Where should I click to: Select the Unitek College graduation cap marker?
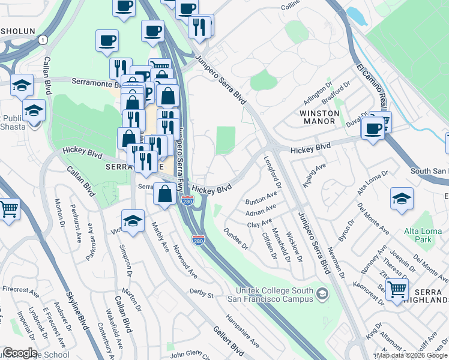tap(323, 293)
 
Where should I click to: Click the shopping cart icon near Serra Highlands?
tap(397, 289)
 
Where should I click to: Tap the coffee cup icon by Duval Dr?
tap(373, 127)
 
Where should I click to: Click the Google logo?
tap(20, 353)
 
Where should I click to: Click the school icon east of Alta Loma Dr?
tap(401, 198)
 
